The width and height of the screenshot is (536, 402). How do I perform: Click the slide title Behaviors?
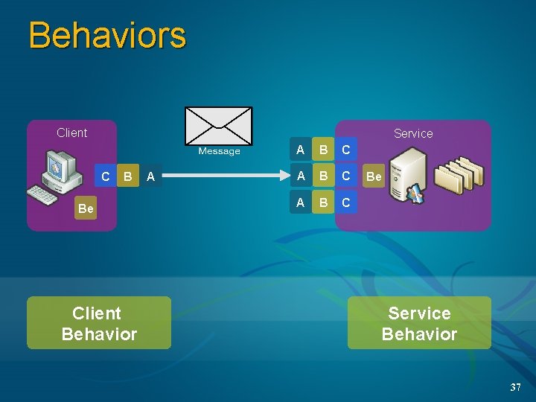[107, 36]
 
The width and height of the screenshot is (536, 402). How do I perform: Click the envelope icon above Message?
[218, 127]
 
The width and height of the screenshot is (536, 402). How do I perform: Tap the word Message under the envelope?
[219, 151]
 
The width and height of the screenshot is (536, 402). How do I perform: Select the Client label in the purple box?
[71, 133]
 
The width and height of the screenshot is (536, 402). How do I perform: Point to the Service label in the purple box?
[413, 133]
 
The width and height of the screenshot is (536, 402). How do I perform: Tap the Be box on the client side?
[86, 208]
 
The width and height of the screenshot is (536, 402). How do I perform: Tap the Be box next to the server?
[374, 176]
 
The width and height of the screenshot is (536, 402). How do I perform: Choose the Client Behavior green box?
[99, 323]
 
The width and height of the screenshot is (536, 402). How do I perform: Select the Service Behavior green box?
[419, 323]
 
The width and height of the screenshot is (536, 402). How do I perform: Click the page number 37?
[515, 387]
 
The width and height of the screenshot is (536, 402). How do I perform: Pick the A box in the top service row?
[300, 150]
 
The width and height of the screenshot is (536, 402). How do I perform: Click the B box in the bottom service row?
[323, 202]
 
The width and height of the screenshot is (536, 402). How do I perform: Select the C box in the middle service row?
[345, 176]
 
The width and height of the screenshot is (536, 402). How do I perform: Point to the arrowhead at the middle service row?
[285, 176]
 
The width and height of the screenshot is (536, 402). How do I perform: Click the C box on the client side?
[106, 176]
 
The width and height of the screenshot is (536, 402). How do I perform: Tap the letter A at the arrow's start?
[150, 176]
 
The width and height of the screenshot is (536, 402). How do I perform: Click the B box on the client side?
[128, 176]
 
